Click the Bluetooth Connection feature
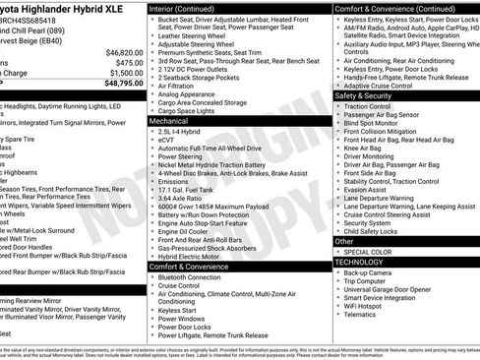coord(194,276)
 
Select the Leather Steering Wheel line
coord(195,36)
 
